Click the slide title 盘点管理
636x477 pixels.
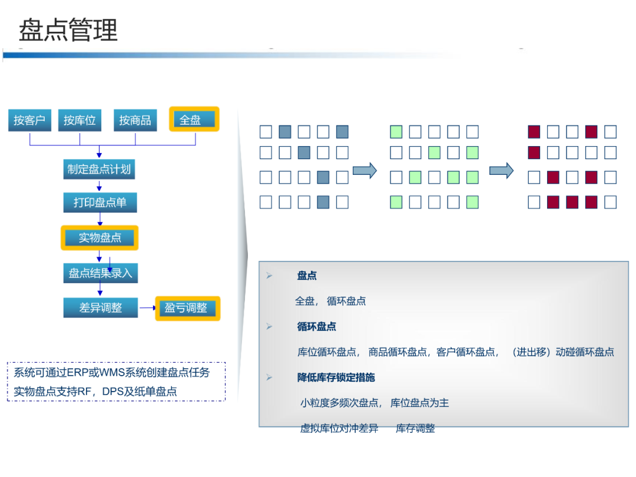click(68, 30)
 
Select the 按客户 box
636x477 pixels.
click(29, 120)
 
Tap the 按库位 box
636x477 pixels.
click(79, 120)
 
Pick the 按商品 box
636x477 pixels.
click(135, 120)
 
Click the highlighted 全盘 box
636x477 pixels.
click(194, 120)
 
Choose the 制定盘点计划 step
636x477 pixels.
click(99, 170)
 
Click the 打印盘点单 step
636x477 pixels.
click(100, 203)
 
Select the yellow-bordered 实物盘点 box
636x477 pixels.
click(100, 238)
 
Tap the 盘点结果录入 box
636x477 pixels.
click(100, 273)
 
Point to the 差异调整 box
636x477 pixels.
click(100, 307)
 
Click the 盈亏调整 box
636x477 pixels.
click(187, 308)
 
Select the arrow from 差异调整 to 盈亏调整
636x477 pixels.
click(147, 307)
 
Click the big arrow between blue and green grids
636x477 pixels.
click(365, 171)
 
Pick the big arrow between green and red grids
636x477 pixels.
click(501, 171)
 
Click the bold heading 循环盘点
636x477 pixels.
click(317, 327)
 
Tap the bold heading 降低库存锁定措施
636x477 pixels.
click(336, 377)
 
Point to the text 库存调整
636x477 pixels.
click(415, 429)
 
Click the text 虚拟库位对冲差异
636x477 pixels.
click(339, 429)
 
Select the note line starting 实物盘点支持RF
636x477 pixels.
click(95, 391)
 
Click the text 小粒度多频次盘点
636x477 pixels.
click(339, 403)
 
